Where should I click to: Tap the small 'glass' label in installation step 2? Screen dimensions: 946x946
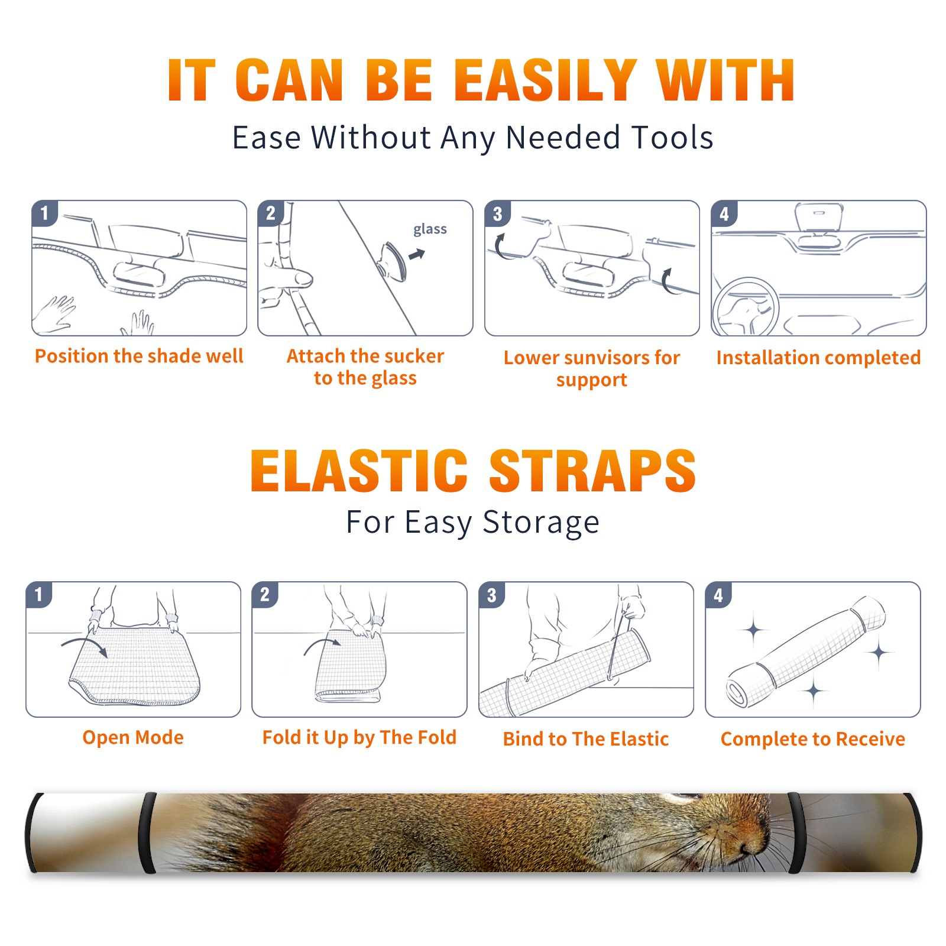pyautogui.click(x=430, y=229)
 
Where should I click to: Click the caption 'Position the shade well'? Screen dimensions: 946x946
pyautogui.click(x=139, y=356)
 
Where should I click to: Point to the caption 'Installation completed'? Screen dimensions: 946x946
pyautogui.click(x=818, y=358)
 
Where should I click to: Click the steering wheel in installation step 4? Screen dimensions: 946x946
pyautogui.click(x=746, y=307)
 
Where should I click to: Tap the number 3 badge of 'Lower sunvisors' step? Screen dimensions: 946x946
pyautogui.click(x=497, y=213)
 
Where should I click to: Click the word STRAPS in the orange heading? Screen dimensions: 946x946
pyautogui.click(x=592, y=471)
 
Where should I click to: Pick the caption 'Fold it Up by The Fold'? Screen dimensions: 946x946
pyautogui.click(x=359, y=738)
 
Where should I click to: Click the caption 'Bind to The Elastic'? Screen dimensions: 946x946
pyautogui.click(x=586, y=739)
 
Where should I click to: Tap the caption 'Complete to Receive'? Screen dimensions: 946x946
pyautogui.click(x=813, y=739)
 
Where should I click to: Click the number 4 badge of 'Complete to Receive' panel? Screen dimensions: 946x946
pyautogui.click(x=718, y=595)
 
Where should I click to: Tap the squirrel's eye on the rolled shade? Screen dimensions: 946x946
pyautogui.click(x=686, y=798)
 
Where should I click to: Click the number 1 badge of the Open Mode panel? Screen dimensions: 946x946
pyautogui.click(x=39, y=594)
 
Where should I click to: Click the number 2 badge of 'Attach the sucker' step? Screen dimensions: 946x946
pyautogui.click(x=271, y=213)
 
